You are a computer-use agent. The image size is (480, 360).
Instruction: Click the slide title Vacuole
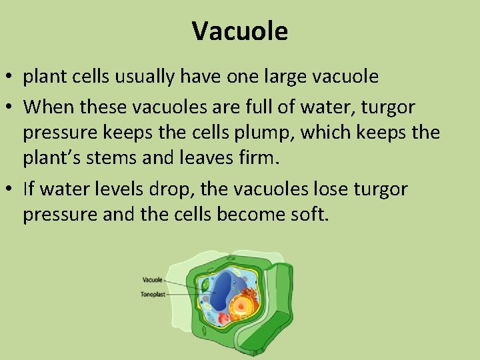click(x=240, y=31)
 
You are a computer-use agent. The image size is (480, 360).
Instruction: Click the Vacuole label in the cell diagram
click(x=152, y=280)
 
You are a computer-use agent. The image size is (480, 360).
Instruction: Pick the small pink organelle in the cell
click(x=224, y=318)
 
